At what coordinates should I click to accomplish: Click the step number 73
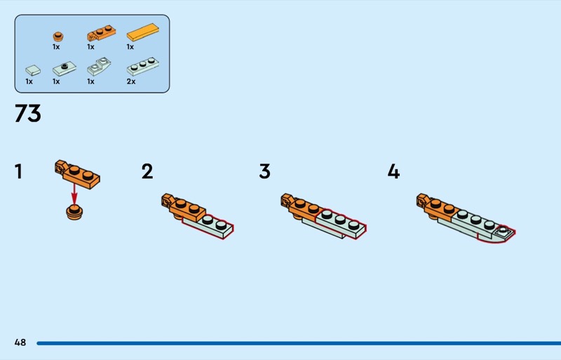(x=28, y=114)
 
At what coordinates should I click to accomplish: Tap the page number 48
(x=20, y=342)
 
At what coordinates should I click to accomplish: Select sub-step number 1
(x=19, y=171)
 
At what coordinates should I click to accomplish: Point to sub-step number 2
(x=147, y=171)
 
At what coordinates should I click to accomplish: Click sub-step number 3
(x=265, y=171)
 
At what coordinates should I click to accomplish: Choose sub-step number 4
(x=393, y=171)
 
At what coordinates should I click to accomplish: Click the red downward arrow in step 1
(x=74, y=194)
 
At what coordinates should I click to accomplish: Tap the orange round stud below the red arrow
(x=74, y=213)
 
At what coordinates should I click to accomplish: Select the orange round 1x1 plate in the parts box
(x=58, y=36)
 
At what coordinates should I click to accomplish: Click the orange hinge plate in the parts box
(x=101, y=33)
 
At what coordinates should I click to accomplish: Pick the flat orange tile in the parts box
(x=143, y=32)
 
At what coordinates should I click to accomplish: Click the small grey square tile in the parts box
(x=33, y=70)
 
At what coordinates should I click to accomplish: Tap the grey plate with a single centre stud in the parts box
(x=65, y=68)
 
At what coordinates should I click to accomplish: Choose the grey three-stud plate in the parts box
(x=143, y=67)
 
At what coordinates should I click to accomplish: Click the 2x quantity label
(x=131, y=81)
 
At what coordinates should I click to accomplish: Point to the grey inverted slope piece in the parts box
(x=99, y=66)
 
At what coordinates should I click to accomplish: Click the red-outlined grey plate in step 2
(x=208, y=227)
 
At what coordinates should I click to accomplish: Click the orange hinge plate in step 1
(x=77, y=174)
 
